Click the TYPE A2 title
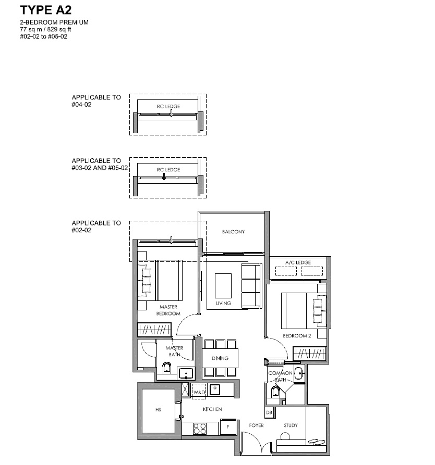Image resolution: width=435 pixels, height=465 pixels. click(x=46, y=10)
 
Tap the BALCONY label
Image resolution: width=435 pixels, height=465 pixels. click(x=233, y=232)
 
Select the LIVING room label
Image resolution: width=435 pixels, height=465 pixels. click(x=223, y=303)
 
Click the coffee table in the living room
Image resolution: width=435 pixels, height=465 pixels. click(x=223, y=285)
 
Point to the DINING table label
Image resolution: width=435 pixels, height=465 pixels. click(x=220, y=358)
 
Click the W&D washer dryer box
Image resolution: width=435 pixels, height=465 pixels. click(x=199, y=392)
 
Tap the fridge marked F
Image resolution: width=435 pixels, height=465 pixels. click(x=228, y=427)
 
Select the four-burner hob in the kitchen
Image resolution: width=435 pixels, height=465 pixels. click(x=200, y=429)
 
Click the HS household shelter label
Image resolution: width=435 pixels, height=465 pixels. click(x=158, y=410)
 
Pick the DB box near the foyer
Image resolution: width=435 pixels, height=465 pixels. click(x=269, y=412)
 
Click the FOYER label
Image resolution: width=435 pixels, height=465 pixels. click(x=257, y=425)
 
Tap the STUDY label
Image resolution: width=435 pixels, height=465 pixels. click(x=291, y=425)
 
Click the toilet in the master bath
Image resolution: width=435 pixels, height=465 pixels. click(x=166, y=368)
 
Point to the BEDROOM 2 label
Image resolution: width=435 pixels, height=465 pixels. click(x=297, y=336)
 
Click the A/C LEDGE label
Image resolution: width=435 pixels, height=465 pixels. click(x=298, y=262)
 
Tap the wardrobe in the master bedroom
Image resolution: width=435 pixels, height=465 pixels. click(x=154, y=330)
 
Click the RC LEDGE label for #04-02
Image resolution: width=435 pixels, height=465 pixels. click(x=168, y=106)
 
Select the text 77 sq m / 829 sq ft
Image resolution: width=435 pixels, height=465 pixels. click(x=45, y=29)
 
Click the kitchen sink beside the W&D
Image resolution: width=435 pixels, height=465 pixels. click(x=214, y=389)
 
